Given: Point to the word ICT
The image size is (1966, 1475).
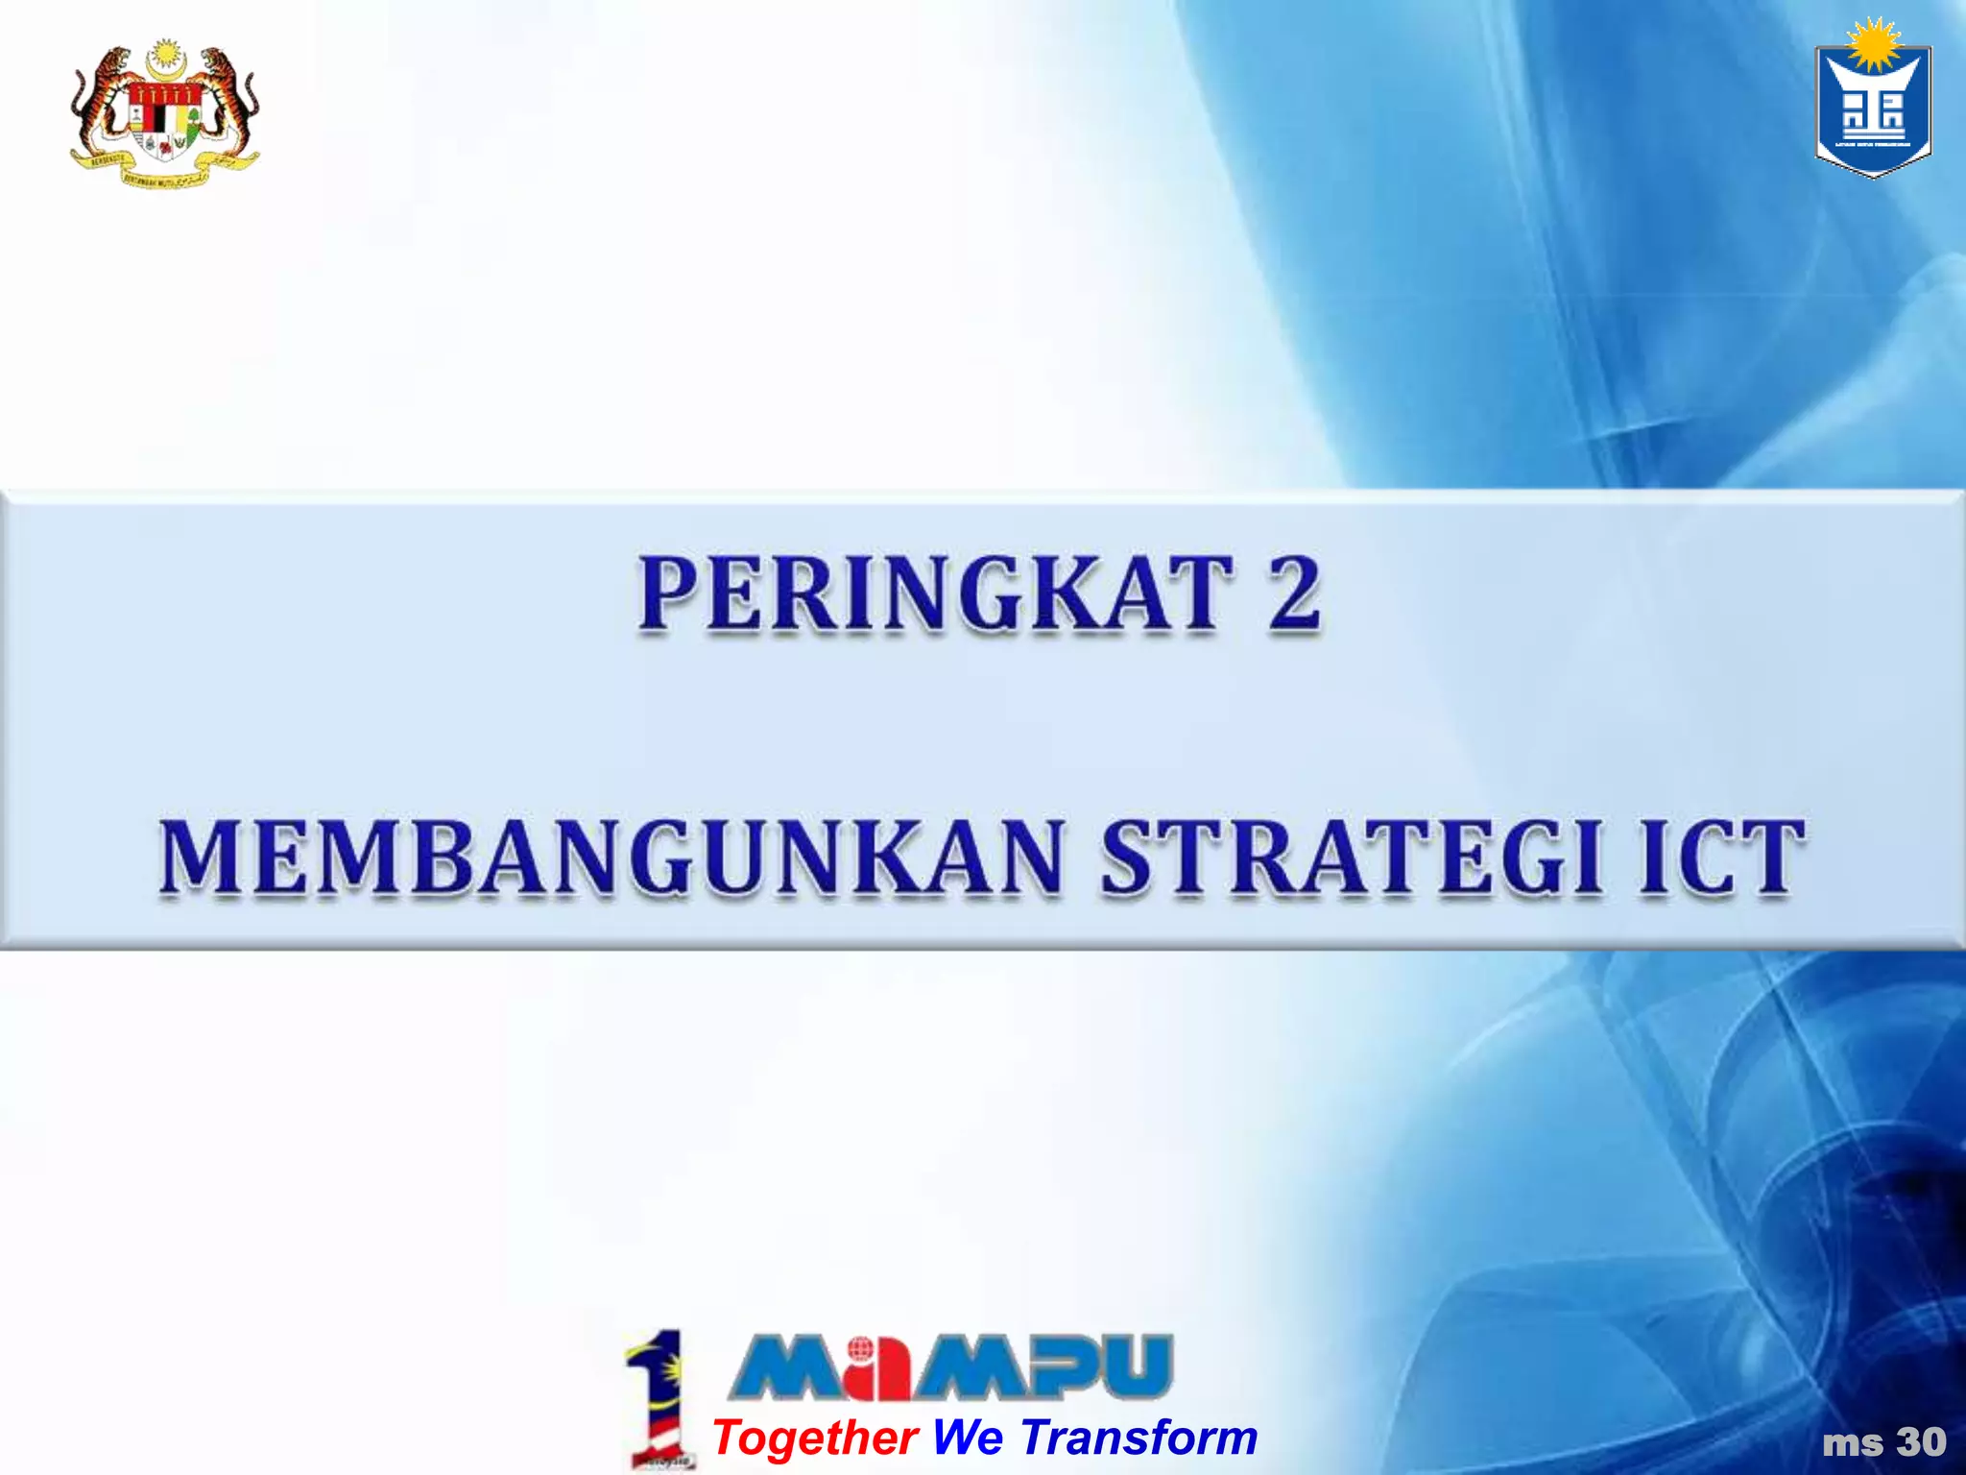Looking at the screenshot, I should tap(1720, 858).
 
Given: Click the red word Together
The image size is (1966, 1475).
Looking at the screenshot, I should tap(815, 1438).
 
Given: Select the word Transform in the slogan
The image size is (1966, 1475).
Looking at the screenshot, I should tap(1139, 1438).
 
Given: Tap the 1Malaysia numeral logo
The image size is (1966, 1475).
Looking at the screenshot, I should tap(658, 1397).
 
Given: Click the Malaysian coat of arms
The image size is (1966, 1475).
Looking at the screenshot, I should tap(164, 114).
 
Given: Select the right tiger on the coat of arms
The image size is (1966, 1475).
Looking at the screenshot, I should tap(230, 106).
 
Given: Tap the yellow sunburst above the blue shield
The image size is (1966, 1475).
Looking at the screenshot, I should tap(1873, 44).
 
